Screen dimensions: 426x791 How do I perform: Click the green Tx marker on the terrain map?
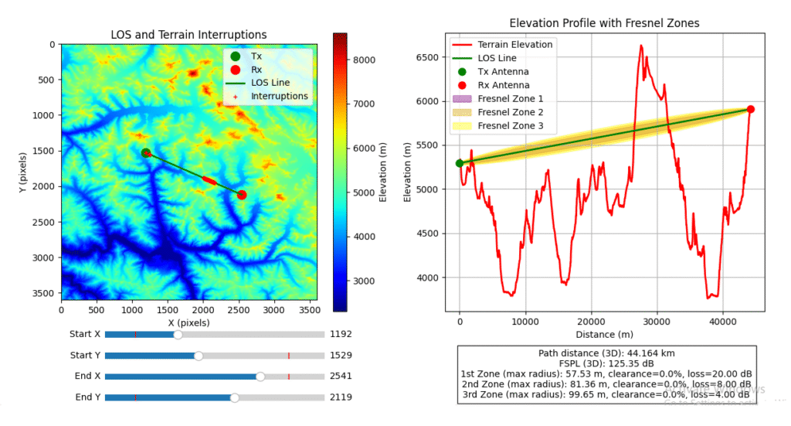pos(146,153)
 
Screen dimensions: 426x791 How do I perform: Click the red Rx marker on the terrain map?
pos(242,195)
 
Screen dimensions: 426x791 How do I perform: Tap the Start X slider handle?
pos(178,335)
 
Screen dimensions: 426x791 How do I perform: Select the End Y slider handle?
pos(235,397)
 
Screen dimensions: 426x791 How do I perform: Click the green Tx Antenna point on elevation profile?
pos(460,163)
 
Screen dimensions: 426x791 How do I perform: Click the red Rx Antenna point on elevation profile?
pos(750,109)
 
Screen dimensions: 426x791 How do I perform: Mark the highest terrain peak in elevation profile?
pos(641,46)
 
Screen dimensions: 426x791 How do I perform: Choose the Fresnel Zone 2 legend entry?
pos(510,112)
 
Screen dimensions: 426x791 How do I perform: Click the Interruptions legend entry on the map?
pos(279,96)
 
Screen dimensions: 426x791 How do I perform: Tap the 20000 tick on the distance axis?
pos(591,320)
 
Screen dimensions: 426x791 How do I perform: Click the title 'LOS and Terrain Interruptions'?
pos(189,35)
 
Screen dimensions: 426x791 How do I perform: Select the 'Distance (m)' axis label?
pos(604,334)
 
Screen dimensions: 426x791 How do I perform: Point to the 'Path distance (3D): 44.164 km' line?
pos(605,353)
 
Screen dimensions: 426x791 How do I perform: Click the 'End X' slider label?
pos(87,377)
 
